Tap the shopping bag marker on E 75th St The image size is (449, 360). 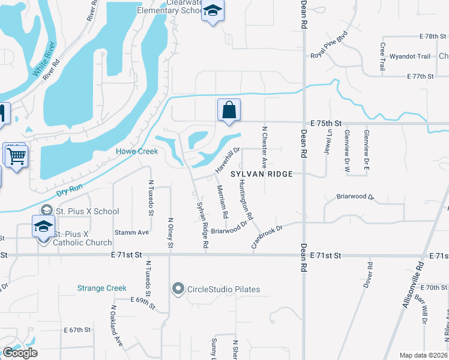[229, 110]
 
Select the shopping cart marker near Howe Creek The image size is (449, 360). [16, 156]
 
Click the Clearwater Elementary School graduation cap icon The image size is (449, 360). [212, 11]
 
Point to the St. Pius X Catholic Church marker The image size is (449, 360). [43, 228]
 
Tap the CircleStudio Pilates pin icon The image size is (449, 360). [178, 289]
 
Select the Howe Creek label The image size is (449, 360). [137, 152]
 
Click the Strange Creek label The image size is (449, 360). [102, 288]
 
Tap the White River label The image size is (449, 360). [44, 66]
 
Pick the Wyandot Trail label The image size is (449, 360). [410, 56]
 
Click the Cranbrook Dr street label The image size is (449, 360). [266, 236]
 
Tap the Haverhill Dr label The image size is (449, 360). [228, 160]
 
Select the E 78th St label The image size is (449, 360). [429, 37]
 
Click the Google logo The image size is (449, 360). [20, 353]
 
